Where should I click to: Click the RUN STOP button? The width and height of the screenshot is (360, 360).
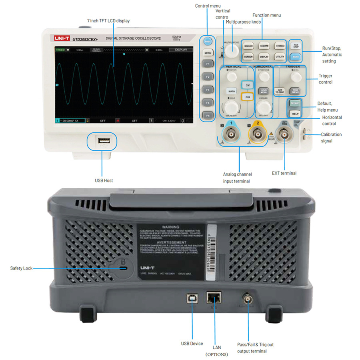[296, 46]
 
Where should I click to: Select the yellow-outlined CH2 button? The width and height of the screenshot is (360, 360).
[248, 97]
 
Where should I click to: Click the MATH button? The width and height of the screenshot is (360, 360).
[231, 91]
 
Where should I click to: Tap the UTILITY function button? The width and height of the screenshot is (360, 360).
[280, 57]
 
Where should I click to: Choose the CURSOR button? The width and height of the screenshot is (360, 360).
[248, 57]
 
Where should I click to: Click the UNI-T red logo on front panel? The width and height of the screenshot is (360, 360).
[62, 38]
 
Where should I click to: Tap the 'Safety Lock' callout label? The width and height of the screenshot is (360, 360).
[21, 268]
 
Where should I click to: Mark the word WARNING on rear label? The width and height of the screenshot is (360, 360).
[170, 227]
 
